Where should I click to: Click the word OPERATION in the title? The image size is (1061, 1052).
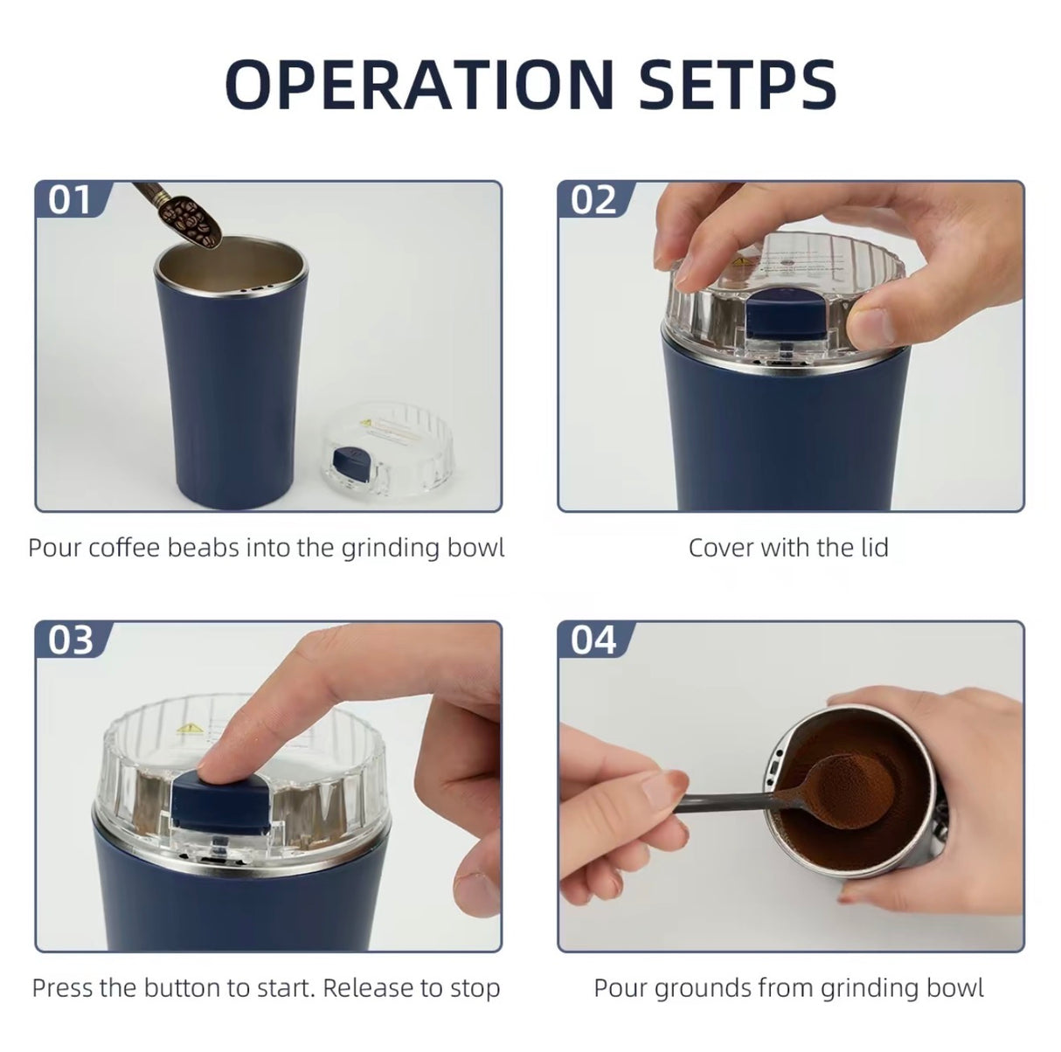(x=419, y=84)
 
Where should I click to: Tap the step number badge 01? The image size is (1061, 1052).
(x=70, y=200)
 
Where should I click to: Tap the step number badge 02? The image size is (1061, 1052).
(x=593, y=200)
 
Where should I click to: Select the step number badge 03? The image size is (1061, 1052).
(x=70, y=640)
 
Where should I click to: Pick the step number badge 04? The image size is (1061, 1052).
(x=593, y=640)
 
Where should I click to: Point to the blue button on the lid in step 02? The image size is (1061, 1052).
(x=782, y=322)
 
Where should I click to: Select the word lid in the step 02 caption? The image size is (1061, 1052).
(x=873, y=548)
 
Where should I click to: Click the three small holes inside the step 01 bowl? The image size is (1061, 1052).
(x=256, y=286)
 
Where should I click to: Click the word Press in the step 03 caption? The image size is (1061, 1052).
(x=62, y=988)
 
